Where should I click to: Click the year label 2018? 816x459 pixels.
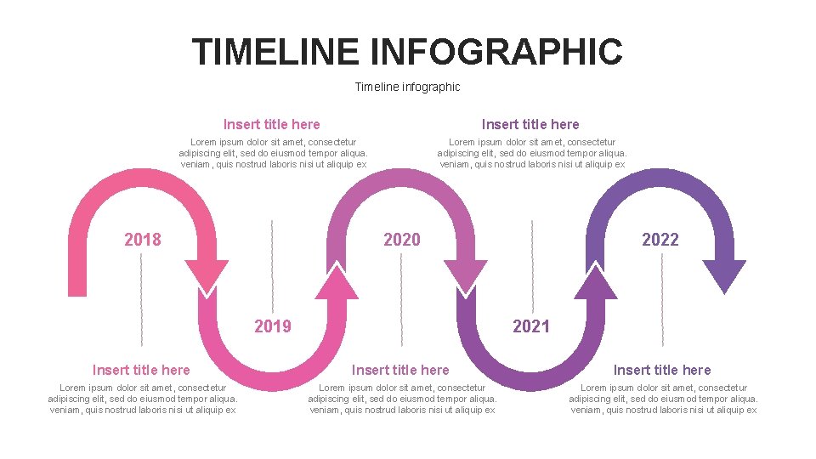(142, 240)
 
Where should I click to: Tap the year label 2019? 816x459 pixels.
(273, 326)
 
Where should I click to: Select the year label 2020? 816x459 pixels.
(401, 240)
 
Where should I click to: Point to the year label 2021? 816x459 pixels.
(531, 326)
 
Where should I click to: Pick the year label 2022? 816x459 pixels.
(660, 240)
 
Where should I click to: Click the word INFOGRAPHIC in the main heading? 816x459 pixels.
(496, 52)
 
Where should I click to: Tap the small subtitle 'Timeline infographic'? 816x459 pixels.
(407, 87)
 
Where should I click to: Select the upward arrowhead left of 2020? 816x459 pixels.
(337, 282)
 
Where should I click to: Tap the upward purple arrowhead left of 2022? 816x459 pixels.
(596, 282)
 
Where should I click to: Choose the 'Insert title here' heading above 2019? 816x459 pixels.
(272, 124)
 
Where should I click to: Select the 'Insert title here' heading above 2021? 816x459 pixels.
(530, 124)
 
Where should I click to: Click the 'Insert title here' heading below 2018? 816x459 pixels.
(141, 370)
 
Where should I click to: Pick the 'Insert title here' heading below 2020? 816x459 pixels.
(400, 370)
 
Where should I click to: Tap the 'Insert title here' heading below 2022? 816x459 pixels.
(662, 370)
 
